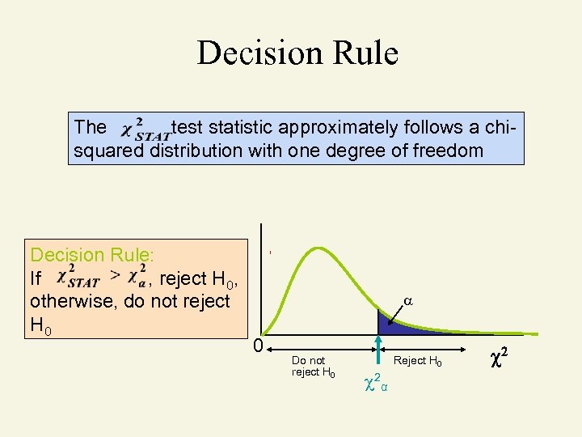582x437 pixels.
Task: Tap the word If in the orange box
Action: (x=36, y=279)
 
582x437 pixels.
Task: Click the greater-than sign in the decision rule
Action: (x=116, y=275)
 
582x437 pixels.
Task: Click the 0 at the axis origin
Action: (x=256, y=346)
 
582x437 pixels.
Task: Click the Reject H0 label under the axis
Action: (x=417, y=361)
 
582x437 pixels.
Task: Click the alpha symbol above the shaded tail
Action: (x=408, y=300)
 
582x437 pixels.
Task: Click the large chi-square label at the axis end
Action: (x=499, y=356)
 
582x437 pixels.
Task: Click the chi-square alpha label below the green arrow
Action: (x=376, y=380)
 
